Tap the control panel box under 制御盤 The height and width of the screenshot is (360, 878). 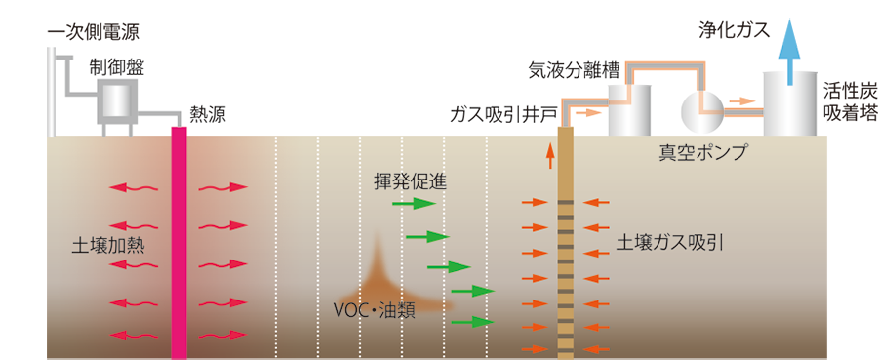point(118,102)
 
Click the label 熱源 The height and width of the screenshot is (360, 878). point(208,114)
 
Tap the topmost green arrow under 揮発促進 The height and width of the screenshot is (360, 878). point(413,204)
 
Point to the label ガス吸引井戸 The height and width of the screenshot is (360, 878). point(503,114)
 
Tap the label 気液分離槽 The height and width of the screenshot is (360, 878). point(574,70)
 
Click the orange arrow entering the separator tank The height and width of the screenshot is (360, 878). point(588,113)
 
